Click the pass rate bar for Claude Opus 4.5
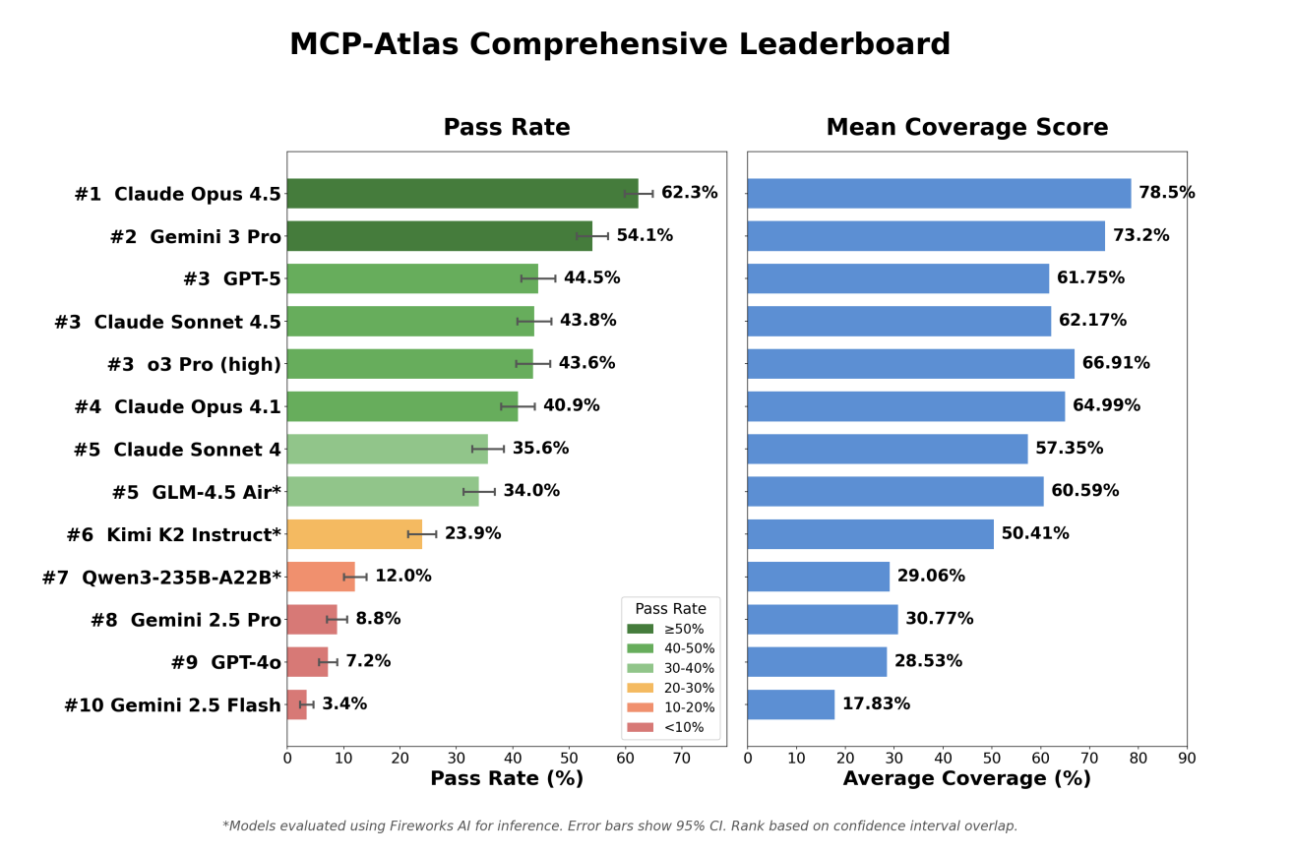462,194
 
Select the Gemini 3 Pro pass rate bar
439,236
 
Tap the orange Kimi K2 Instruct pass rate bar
354,534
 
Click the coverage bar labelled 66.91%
910,364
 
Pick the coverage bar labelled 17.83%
790,704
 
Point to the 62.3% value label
689,194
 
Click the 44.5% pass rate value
591,278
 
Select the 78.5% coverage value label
1166,194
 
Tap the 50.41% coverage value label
1034,534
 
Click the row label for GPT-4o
225,663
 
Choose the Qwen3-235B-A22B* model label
161,578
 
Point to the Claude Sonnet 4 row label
177,450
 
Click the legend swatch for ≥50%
640,629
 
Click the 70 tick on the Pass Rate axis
681,759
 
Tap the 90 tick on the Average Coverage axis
1187,759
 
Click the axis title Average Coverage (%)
966,779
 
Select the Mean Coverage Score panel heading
966,128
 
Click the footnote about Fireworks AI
620,826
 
